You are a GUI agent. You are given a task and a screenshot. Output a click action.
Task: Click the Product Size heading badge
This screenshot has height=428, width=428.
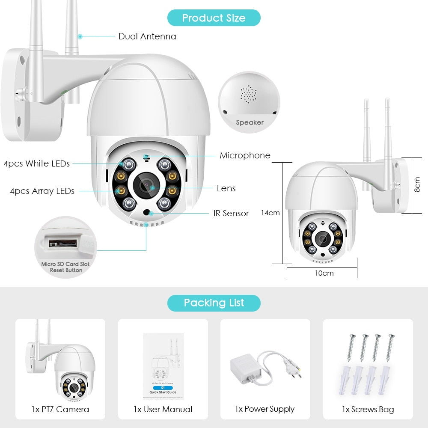click(214, 18)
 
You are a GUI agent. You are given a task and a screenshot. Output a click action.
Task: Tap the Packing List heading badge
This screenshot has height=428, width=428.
click(214, 303)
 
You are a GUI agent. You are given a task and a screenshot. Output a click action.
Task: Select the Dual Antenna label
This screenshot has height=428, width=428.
click(147, 36)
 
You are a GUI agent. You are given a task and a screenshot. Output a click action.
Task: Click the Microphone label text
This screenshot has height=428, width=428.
click(245, 155)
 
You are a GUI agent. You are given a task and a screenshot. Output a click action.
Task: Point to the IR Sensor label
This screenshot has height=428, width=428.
click(231, 213)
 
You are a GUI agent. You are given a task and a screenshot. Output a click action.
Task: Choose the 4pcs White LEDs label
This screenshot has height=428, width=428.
click(37, 163)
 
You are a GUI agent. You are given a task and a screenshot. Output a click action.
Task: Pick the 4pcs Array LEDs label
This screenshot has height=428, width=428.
click(42, 191)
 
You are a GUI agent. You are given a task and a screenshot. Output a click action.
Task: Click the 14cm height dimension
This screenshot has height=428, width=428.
click(270, 213)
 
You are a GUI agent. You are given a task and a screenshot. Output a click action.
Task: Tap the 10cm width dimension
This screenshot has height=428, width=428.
click(324, 273)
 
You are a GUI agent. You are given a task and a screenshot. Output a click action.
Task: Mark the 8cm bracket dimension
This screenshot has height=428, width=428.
click(417, 185)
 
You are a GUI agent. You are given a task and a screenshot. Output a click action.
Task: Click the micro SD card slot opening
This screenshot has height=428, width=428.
click(62, 244)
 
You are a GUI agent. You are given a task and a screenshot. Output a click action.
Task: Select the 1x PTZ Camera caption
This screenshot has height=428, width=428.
click(60, 409)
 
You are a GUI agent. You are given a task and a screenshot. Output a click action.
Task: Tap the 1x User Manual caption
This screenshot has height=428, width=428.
click(163, 409)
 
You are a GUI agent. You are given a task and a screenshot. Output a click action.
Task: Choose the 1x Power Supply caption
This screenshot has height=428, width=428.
click(265, 409)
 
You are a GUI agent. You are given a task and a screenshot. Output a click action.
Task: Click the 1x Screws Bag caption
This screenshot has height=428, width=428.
click(368, 409)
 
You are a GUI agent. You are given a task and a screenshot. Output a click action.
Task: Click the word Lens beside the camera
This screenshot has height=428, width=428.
click(226, 188)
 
